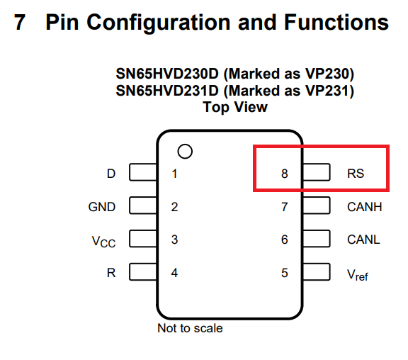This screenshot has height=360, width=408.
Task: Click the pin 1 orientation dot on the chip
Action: pos(185,152)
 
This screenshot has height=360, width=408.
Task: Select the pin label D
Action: pos(110,174)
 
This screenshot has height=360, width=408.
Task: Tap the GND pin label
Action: pos(102,207)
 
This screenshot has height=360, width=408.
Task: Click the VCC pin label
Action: pos(103,241)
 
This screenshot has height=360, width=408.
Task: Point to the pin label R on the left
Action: pos(111,272)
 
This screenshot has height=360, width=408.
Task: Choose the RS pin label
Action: pos(356,174)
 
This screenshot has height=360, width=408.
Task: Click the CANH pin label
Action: pos(364,207)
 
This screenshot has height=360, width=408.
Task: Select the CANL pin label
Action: pos(363,240)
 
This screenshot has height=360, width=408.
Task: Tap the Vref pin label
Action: pos(358,274)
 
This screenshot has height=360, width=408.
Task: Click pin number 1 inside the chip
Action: pos(174,174)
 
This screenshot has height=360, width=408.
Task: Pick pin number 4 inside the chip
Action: pos(174,272)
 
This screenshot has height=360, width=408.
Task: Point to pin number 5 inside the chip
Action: pos(285,272)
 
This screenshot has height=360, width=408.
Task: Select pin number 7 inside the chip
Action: pos(285,207)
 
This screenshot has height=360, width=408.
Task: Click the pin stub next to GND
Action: pos(144,207)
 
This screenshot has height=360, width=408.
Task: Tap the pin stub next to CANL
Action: pos(316,240)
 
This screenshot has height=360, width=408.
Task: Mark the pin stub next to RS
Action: pos(316,174)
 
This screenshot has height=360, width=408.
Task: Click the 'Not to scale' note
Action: pos(190,328)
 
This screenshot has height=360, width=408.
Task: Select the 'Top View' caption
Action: pos(235,107)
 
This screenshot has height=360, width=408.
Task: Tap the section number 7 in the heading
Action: pos(21,23)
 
